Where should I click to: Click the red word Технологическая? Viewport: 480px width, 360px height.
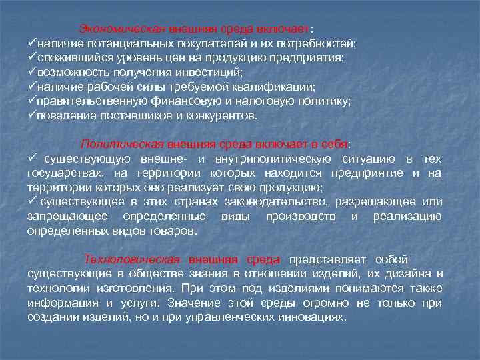[132, 259]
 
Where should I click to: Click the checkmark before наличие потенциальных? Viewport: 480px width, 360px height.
[31, 44]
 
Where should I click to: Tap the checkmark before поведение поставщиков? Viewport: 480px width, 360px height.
[31, 115]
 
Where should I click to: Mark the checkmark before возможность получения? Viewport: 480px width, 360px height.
[31, 72]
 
